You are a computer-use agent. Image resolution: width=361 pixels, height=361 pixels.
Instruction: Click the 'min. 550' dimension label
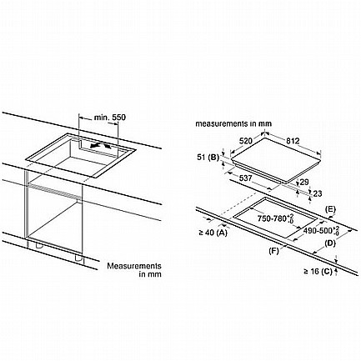[109, 118]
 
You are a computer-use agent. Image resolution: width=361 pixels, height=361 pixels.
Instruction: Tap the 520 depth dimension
[246, 141]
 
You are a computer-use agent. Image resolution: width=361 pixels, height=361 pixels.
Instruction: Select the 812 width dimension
[293, 141]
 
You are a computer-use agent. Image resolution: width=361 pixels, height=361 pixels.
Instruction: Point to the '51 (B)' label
[208, 158]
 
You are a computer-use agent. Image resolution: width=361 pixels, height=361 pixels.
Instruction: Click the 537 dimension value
[245, 178]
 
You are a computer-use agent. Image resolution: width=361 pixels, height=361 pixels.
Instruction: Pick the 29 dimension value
[304, 182]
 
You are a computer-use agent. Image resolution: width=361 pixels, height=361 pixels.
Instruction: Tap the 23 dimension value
[318, 193]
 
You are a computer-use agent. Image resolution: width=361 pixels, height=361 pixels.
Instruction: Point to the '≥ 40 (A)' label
[213, 233]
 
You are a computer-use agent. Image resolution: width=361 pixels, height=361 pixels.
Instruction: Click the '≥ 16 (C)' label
[318, 271]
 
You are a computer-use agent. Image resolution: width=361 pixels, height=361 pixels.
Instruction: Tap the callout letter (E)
[330, 209]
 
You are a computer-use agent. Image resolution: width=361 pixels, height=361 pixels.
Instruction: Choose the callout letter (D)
[330, 243]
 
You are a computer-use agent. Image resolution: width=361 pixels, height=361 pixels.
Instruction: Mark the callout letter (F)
[273, 251]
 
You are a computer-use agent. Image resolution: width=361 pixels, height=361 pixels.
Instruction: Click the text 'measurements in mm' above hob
[233, 123]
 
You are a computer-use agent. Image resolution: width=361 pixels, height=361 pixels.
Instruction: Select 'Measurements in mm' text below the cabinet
[134, 270]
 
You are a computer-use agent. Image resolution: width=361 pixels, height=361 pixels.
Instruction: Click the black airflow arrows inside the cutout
[101, 146]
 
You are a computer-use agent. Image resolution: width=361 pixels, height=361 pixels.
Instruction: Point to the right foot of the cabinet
[78, 258]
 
